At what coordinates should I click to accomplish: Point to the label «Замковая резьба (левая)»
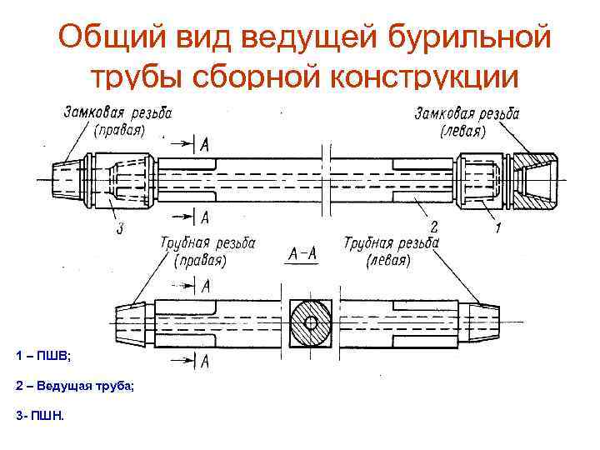tap(467, 122)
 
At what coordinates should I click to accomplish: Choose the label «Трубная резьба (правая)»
tap(207, 251)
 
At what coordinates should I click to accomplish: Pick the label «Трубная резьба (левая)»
tap(391, 251)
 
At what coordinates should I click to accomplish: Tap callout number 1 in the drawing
tap(497, 227)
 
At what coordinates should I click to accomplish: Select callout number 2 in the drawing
tap(433, 226)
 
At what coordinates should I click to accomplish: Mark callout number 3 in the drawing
tap(120, 227)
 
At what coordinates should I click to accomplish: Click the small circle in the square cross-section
tap(312, 322)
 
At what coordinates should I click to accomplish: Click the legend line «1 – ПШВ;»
tap(43, 356)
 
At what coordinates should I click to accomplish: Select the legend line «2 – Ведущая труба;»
tap(74, 386)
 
